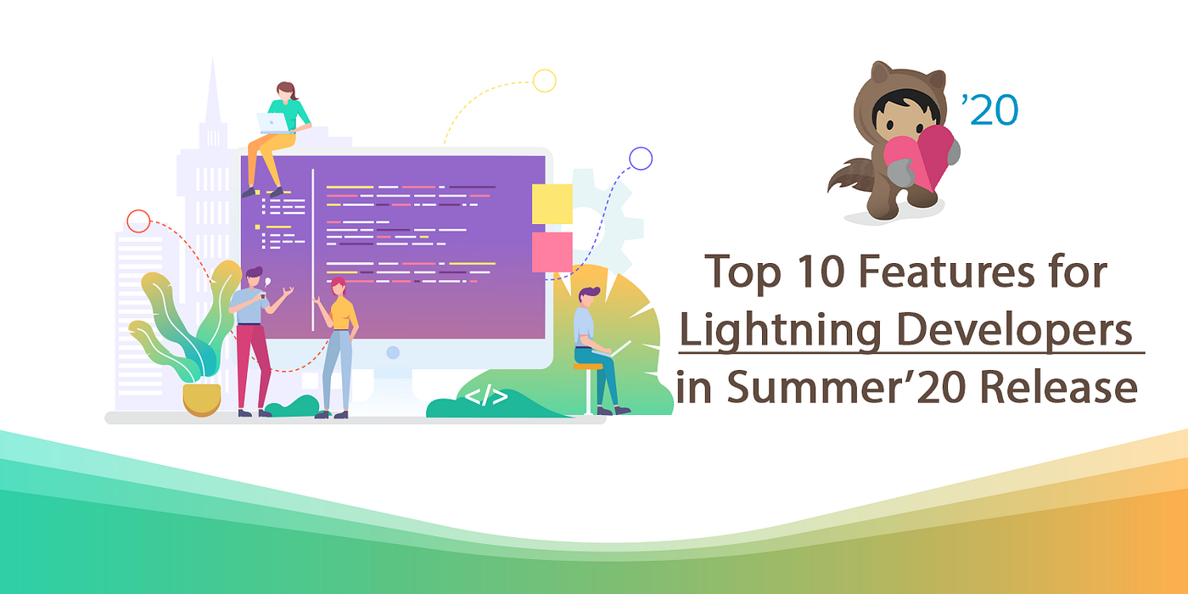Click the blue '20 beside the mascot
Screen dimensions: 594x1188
pos(990,110)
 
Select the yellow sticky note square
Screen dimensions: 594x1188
pos(552,204)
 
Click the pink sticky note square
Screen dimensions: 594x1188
pos(552,251)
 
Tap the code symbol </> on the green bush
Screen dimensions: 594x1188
pos(486,395)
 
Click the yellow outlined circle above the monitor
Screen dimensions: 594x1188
pos(544,81)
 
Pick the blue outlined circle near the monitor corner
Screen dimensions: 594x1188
pos(640,158)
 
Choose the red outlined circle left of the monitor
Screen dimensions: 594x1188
pos(137,221)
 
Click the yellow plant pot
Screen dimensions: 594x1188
pos(202,399)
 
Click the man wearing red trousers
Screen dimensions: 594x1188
pos(252,339)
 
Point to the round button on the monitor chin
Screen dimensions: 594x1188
pos(392,351)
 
